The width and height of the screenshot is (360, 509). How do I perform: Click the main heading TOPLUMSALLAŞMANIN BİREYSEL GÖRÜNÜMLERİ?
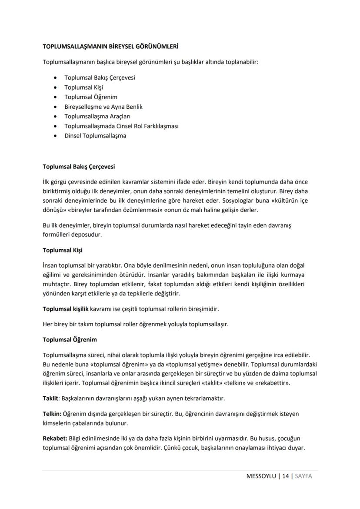(x=110, y=46)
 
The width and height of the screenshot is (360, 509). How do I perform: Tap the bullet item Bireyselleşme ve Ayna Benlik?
(x=103, y=107)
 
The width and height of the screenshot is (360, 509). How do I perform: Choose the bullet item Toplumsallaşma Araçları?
(x=97, y=116)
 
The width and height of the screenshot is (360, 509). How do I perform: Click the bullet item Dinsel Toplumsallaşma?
(x=95, y=135)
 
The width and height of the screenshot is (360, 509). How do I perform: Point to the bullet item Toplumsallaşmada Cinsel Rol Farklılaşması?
(x=121, y=126)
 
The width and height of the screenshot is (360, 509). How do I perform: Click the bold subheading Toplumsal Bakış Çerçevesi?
(x=79, y=167)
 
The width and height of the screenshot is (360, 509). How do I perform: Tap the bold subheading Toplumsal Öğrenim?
(x=70, y=339)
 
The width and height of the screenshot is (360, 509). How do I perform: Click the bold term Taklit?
(x=50, y=398)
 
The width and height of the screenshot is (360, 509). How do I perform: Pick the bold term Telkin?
(x=52, y=414)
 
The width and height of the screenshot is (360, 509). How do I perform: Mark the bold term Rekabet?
(x=55, y=438)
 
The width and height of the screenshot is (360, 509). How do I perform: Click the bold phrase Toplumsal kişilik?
(x=65, y=309)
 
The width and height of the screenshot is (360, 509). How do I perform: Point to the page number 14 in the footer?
(x=285, y=476)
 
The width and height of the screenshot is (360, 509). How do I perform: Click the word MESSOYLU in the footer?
(x=261, y=476)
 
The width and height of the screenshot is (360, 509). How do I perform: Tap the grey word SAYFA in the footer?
(x=303, y=476)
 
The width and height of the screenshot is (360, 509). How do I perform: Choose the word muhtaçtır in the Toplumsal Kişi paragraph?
(x=57, y=284)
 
